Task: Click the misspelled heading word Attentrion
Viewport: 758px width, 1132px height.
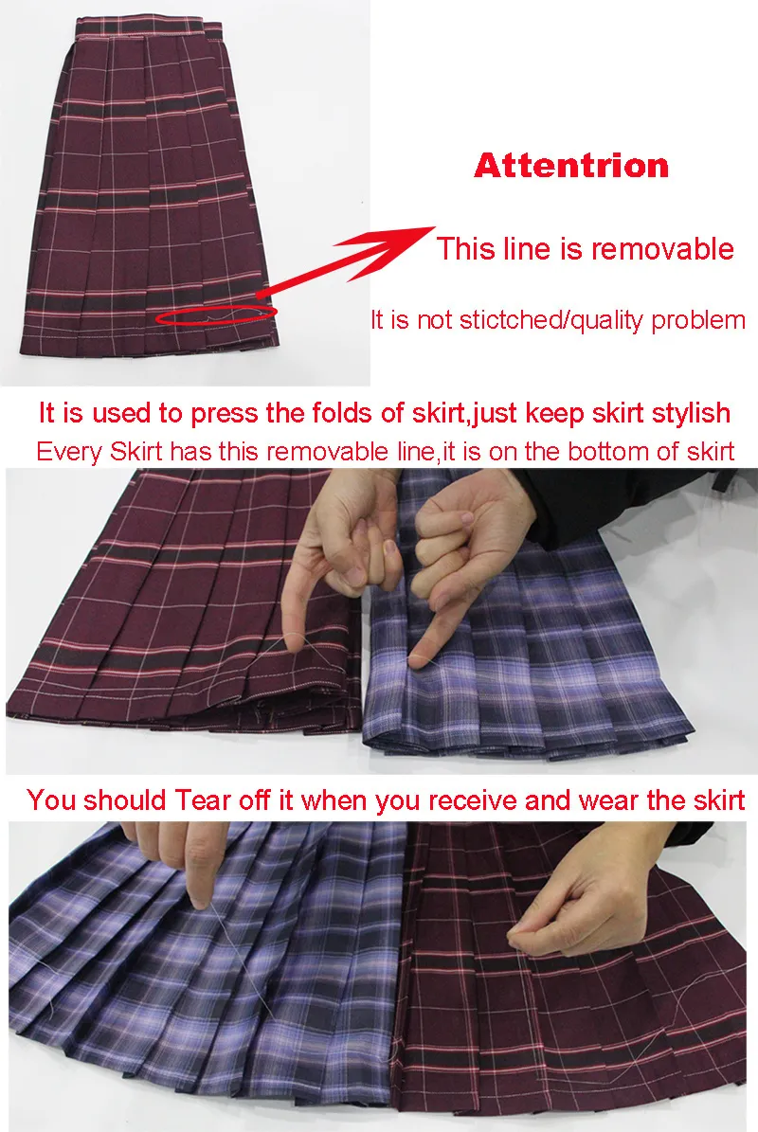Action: pyautogui.click(x=571, y=166)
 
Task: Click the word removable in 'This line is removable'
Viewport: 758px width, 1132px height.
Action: pyautogui.click(x=662, y=248)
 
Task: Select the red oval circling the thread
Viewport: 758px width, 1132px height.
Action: pyautogui.click(x=217, y=315)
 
